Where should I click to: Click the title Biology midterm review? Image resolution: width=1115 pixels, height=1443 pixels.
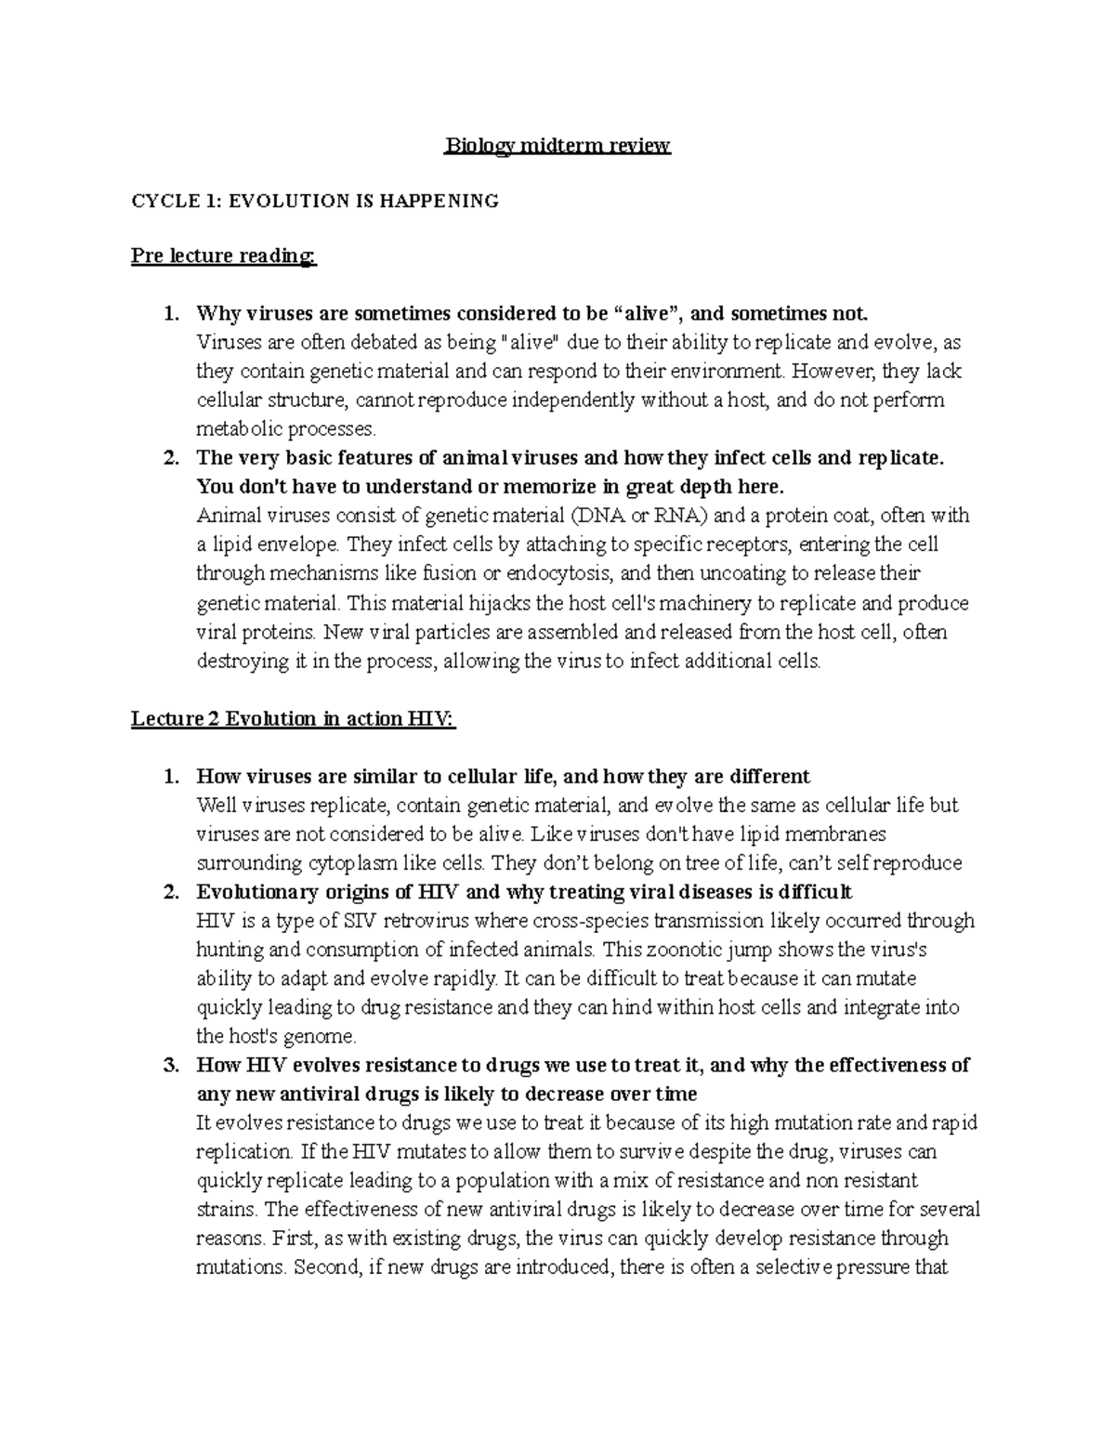tap(557, 146)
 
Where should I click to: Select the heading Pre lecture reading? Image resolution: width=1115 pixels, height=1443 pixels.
tap(224, 256)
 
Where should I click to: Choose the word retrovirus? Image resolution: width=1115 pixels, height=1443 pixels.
tap(428, 921)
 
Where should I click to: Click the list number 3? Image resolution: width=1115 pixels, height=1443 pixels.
tap(169, 1065)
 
